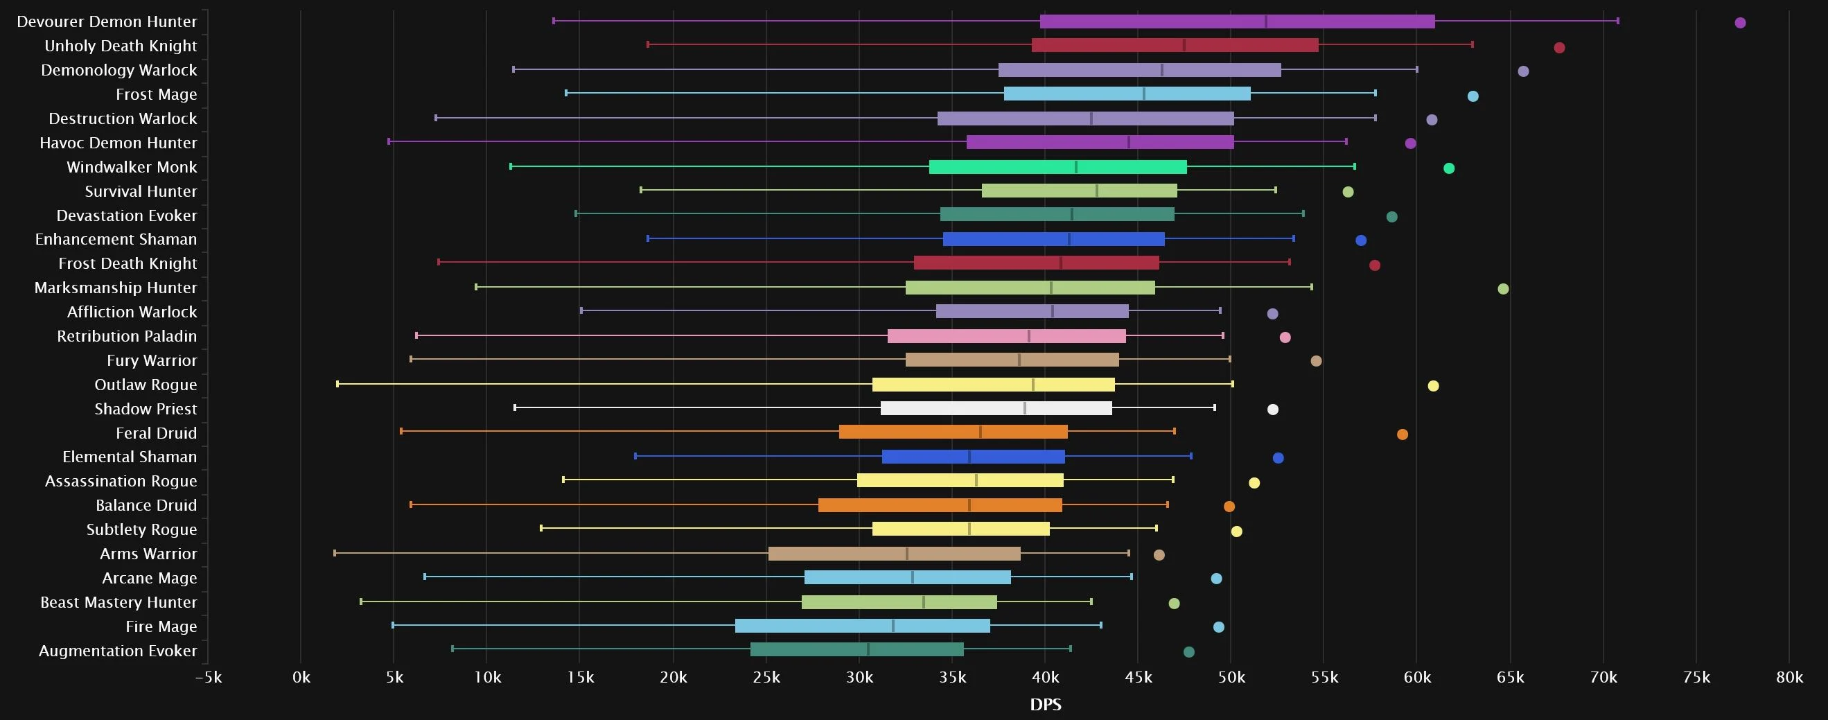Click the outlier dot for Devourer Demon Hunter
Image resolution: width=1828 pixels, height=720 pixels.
click(x=1740, y=23)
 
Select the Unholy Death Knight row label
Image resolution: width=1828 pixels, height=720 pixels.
click(x=121, y=46)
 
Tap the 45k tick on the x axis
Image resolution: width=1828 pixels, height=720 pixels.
click(x=1139, y=678)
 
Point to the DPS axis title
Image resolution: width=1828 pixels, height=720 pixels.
click(x=1045, y=704)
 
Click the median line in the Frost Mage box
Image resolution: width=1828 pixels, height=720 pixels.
click(x=1144, y=94)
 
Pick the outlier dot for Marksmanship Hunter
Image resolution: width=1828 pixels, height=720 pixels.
click(x=1503, y=289)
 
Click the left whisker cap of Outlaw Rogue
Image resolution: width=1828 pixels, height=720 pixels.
click(x=337, y=384)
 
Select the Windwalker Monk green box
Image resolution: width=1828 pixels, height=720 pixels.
click(x=1057, y=168)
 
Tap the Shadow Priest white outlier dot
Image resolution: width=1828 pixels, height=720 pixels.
click(x=1273, y=410)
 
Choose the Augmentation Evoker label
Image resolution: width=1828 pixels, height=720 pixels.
click(x=118, y=651)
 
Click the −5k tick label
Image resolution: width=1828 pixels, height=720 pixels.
click(x=208, y=678)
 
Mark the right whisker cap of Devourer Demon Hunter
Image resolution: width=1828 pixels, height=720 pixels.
click(x=1618, y=21)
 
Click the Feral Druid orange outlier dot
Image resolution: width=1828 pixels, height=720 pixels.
click(x=1403, y=434)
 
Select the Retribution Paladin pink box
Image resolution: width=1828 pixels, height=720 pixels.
click(x=1006, y=336)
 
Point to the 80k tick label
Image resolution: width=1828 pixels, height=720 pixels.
click(x=1789, y=678)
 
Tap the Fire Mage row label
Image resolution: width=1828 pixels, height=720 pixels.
click(x=161, y=627)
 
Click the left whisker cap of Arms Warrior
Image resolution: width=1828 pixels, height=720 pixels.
click(x=335, y=552)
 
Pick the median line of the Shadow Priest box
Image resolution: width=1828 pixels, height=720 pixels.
click(x=1025, y=409)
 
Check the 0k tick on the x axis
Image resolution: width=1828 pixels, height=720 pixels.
click(x=301, y=678)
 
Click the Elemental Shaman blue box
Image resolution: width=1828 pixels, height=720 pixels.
click(x=973, y=457)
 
